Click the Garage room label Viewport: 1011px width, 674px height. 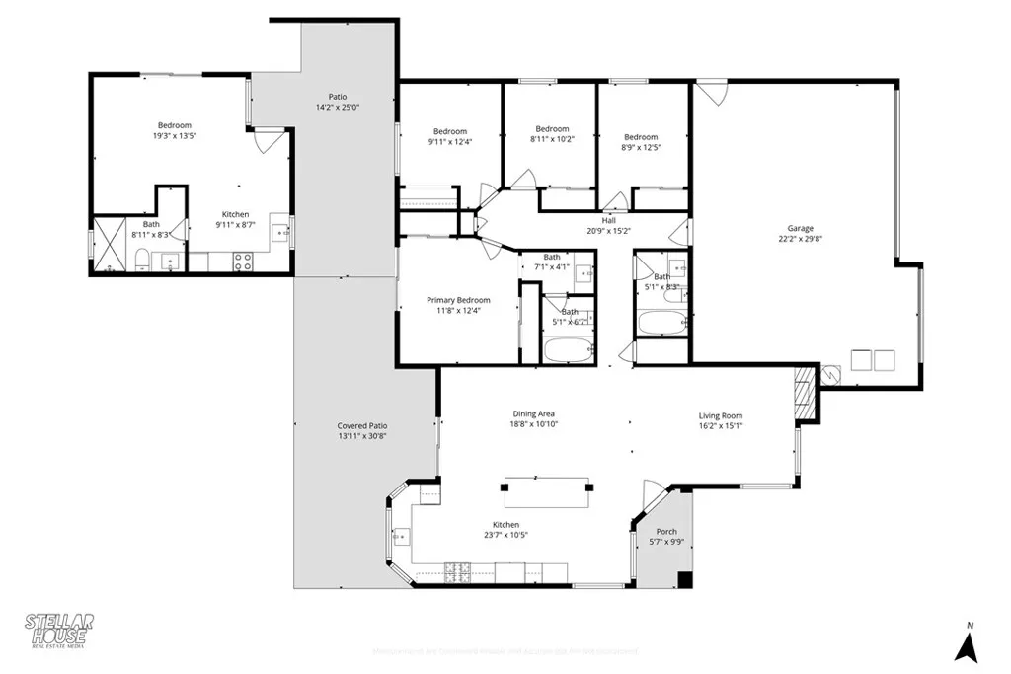[800, 226]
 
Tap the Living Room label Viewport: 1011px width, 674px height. [721, 415]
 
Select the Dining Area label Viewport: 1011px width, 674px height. [533, 413]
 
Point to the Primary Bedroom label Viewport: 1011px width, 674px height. [458, 300]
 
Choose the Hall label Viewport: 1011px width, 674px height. [608, 220]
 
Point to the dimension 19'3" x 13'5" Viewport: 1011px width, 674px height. [174, 136]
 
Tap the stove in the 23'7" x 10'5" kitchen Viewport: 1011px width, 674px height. [457, 570]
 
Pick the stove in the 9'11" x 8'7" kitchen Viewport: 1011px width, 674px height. [242, 261]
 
